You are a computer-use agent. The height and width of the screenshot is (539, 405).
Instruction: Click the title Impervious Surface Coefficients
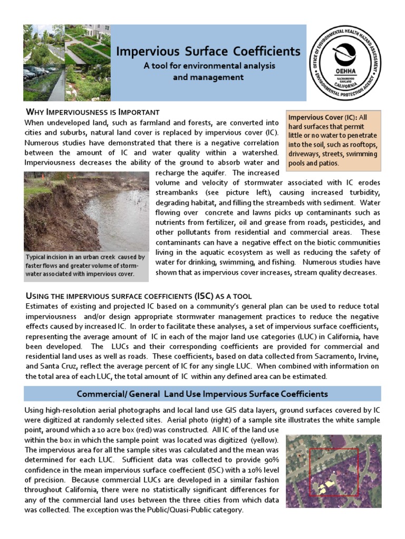(x=208, y=51)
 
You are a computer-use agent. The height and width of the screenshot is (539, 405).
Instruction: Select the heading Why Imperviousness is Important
(x=92, y=112)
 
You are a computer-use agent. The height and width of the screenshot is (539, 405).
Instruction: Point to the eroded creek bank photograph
(x=86, y=211)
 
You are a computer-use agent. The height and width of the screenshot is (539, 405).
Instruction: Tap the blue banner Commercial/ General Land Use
(x=202, y=394)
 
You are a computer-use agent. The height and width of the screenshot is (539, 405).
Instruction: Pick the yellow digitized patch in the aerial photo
(x=328, y=482)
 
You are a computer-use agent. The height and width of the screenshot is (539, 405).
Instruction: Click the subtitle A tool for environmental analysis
(x=209, y=66)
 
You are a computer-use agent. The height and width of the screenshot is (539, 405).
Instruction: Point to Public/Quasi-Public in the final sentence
(x=208, y=510)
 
